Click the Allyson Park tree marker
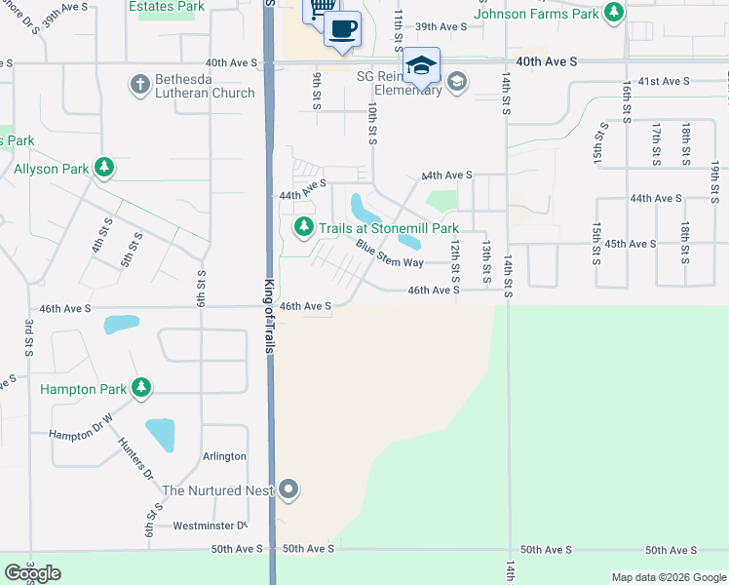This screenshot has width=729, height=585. [104, 169]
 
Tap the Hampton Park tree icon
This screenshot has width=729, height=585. [142, 388]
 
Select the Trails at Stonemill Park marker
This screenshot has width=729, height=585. [304, 227]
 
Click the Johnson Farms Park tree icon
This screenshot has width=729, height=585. [613, 13]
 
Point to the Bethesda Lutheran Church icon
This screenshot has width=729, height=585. [139, 85]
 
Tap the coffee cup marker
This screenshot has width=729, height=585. [341, 29]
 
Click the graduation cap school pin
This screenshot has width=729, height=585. [421, 65]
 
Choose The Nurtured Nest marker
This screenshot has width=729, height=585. [288, 489]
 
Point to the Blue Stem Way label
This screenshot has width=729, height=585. [389, 253]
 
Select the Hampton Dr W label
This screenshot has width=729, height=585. [81, 433]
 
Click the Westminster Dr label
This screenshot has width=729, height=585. [207, 526]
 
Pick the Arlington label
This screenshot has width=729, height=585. [223, 456]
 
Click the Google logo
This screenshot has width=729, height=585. [33, 572]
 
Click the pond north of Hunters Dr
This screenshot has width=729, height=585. [160, 435]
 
